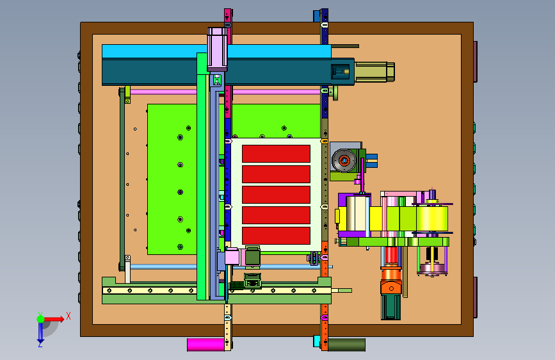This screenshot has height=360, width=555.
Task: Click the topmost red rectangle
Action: point(276,154)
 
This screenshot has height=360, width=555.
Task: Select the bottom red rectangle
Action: point(276,236)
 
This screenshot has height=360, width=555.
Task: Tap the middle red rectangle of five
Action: point(276,195)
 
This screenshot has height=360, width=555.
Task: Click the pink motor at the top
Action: point(217,49)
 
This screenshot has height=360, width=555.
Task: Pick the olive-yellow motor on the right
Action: point(374,72)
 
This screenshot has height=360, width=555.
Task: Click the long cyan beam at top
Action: point(216,51)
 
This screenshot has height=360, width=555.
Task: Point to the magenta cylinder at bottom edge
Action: point(205,345)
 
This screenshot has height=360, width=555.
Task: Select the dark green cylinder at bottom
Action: point(346,345)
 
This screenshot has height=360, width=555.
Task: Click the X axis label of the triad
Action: point(68,316)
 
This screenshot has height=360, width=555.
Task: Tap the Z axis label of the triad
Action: point(40,344)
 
